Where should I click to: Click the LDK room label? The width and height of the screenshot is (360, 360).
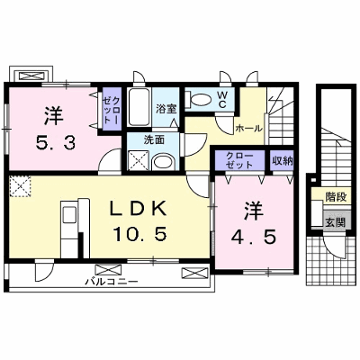click(x=138, y=209)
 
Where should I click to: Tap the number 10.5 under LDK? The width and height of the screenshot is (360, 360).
click(x=139, y=234)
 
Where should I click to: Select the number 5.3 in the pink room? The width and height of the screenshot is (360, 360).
click(x=55, y=143)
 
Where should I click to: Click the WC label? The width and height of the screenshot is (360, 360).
click(x=222, y=100)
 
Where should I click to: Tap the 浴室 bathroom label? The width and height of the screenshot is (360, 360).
click(x=166, y=109)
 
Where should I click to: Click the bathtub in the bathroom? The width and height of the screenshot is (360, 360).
click(x=139, y=108)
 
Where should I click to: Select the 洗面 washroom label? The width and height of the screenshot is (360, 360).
click(x=154, y=140)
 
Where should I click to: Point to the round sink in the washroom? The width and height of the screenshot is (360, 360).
click(x=163, y=163)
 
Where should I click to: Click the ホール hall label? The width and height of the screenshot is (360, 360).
click(x=248, y=129)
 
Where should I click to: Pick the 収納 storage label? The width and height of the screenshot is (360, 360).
click(x=283, y=161)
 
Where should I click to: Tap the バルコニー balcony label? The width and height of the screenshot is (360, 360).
click(x=111, y=282)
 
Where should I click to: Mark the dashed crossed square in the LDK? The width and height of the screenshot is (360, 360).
click(x=20, y=186)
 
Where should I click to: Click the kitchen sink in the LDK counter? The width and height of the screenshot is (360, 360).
click(x=68, y=215)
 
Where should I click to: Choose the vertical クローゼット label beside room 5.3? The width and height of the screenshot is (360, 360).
click(x=112, y=110)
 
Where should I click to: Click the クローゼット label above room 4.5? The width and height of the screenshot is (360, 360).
click(x=239, y=160)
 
